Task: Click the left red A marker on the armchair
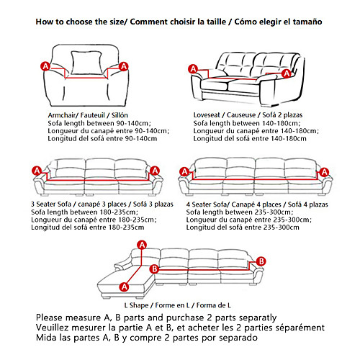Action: (45, 66)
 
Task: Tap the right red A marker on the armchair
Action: (124, 66)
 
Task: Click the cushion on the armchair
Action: (86, 63)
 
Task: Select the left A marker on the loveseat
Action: (193, 69)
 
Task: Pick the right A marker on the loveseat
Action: (287, 73)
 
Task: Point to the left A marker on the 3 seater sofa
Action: (37, 171)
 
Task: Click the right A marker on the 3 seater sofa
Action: (155, 171)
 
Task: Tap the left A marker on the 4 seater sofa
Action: (184, 172)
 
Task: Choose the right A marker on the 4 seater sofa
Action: (325, 172)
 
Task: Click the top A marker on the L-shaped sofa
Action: (142, 245)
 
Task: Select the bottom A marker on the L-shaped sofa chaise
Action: (124, 287)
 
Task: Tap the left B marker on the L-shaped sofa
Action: (154, 269)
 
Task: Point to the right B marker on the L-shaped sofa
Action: (261, 261)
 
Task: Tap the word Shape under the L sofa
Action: (139, 305)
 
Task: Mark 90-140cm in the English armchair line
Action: (133, 123)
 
